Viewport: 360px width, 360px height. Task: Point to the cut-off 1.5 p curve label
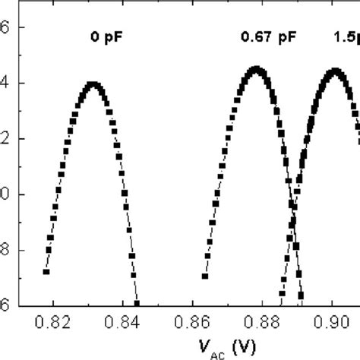346,35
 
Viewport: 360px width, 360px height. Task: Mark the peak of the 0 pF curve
93,84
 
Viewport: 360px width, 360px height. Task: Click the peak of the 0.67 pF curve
257,70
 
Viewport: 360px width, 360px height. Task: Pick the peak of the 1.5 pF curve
333,71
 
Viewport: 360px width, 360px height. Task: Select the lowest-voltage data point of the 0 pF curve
46,271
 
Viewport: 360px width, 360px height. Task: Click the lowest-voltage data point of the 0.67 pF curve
205,276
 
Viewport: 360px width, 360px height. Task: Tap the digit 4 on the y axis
5,84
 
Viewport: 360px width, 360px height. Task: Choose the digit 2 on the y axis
5,139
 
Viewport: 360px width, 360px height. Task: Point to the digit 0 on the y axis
5,194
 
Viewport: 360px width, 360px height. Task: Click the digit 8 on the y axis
5,250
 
